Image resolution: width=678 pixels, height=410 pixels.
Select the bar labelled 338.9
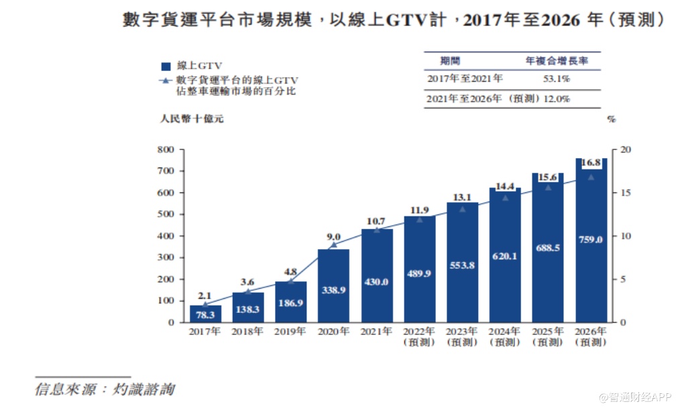point(333,285)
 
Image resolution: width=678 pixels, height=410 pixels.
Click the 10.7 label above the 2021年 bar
point(376,220)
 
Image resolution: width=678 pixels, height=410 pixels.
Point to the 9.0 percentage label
point(333,236)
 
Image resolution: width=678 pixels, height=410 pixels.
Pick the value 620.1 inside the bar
point(505,255)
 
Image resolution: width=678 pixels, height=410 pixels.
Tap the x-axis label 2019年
point(290,332)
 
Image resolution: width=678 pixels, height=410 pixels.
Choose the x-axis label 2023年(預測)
point(462,336)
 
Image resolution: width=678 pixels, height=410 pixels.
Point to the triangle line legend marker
point(166,81)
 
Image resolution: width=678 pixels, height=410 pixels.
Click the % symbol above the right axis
point(611,120)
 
